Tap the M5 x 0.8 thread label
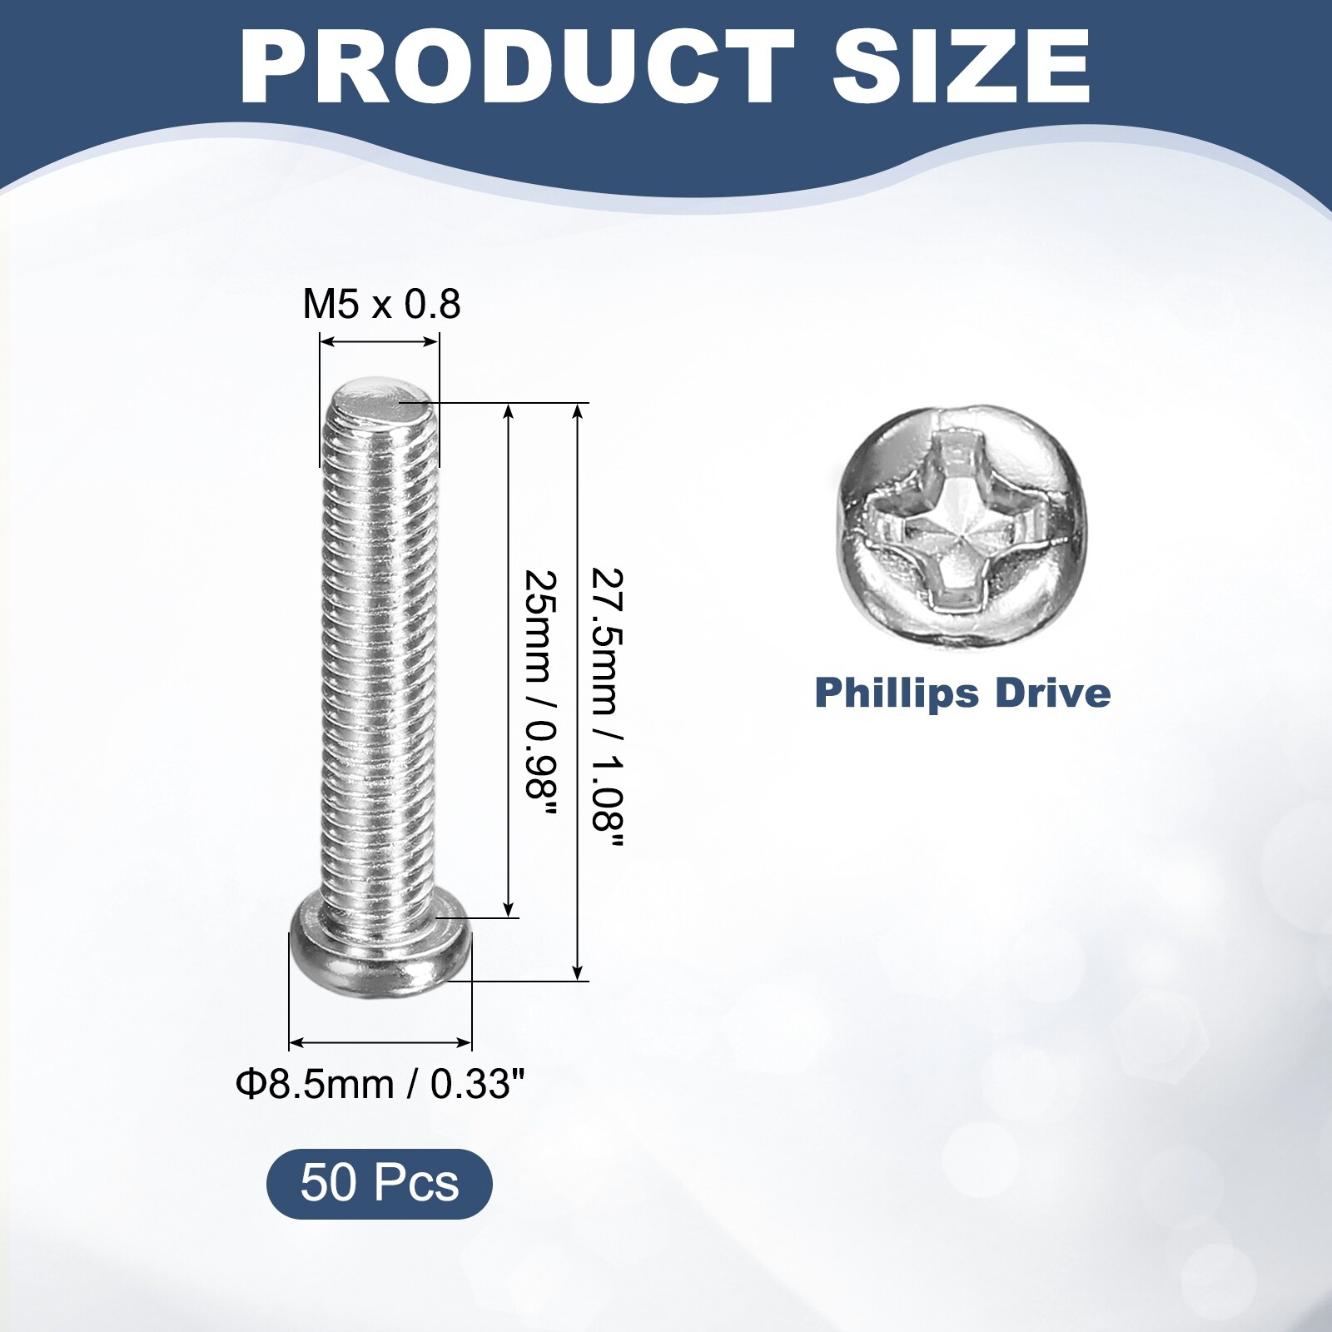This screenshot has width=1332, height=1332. click(x=381, y=305)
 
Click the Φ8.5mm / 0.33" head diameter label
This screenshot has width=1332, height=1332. click(x=380, y=1084)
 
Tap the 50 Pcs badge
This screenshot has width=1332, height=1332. click(x=380, y=1183)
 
